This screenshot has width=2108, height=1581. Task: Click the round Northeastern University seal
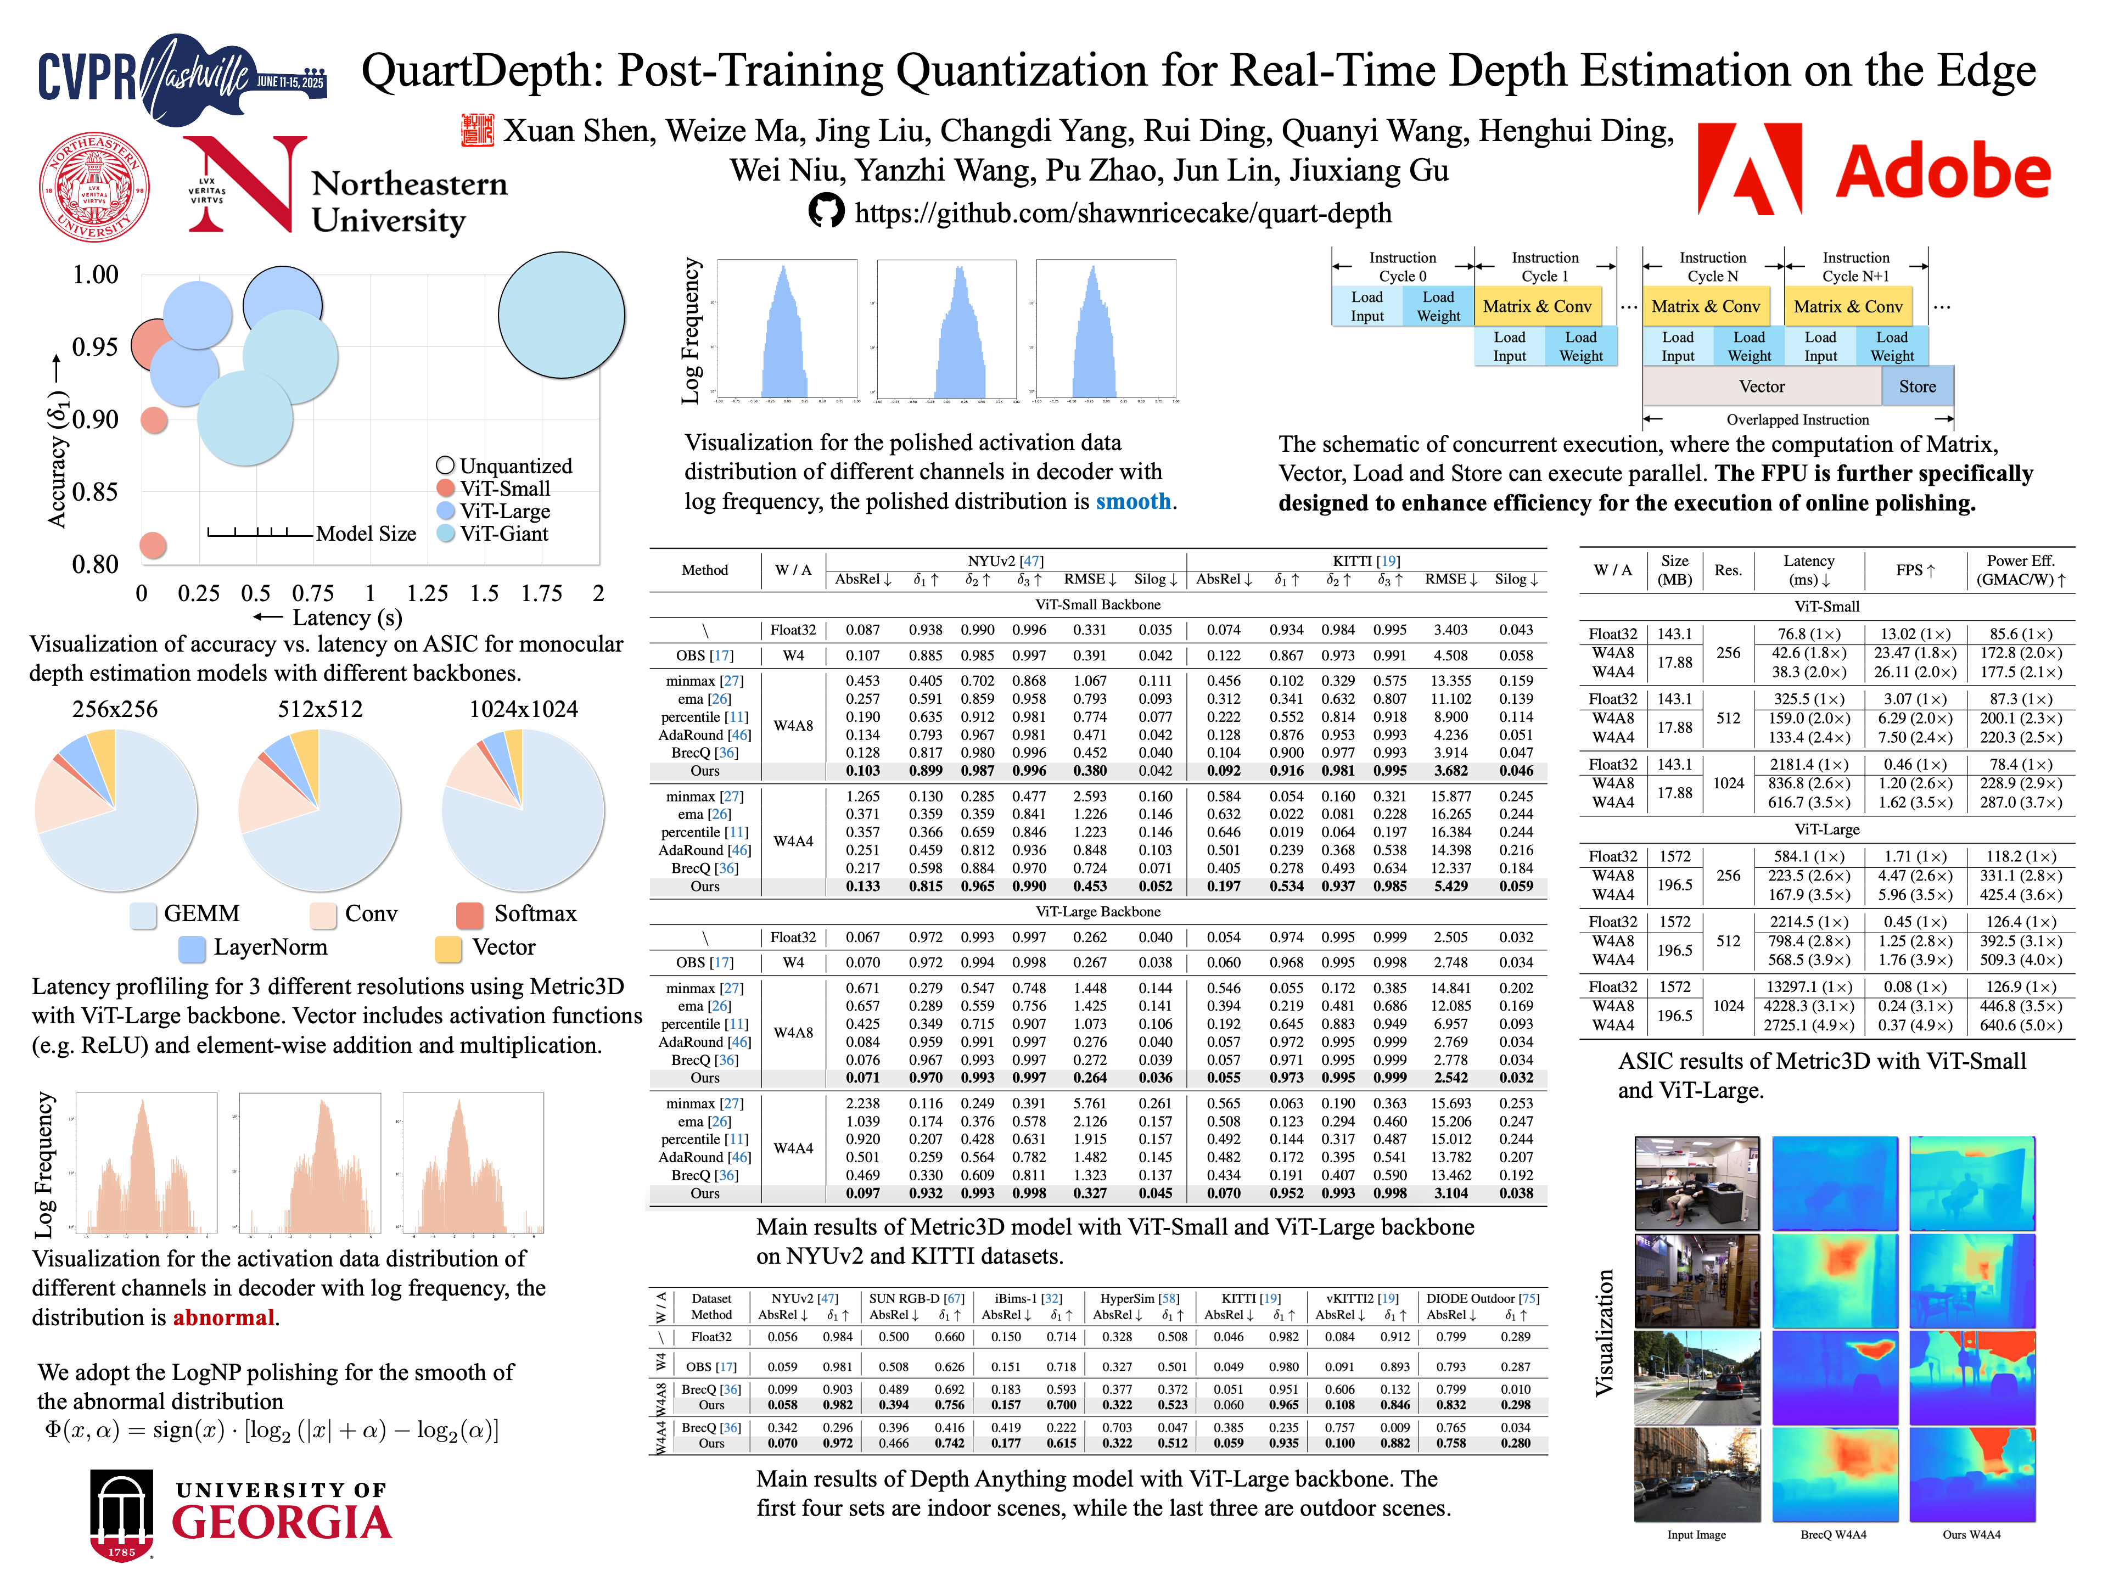(94, 187)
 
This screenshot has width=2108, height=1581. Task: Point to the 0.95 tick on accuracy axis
(96, 347)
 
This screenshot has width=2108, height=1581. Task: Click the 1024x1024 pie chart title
(523, 709)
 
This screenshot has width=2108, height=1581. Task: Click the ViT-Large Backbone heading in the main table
(1098, 912)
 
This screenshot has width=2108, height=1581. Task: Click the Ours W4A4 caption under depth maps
(1971, 1534)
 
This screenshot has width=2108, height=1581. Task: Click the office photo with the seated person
(1696, 1182)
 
